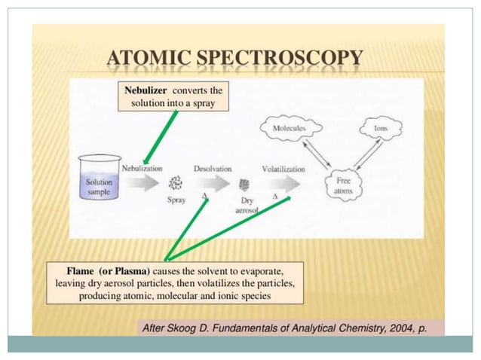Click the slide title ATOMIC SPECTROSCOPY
tap(235, 57)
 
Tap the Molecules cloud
tap(290, 129)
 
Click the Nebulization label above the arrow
tap(142, 168)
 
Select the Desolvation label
tap(213, 169)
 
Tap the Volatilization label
tap(283, 169)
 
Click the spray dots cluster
tap(176, 183)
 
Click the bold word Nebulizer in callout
tap(146, 90)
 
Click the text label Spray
tap(176, 200)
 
